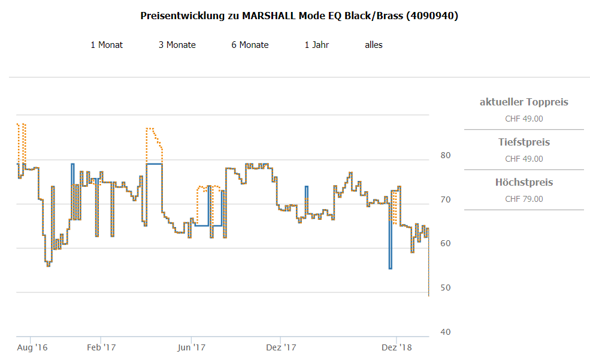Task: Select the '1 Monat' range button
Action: pyautogui.click(x=107, y=45)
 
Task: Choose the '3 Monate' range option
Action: pyautogui.click(x=177, y=45)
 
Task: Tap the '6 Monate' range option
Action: pyautogui.click(x=250, y=45)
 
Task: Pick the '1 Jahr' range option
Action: pyautogui.click(x=317, y=45)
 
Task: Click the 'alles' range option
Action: pyautogui.click(x=374, y=45)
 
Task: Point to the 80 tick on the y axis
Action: pyautogui.click(x=445, y=156)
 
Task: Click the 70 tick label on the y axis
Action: pyautogui.click(x=445, y=200)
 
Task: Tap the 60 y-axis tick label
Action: pyautogui.click(x=445, y=244)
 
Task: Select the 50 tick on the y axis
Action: pyautogui.click(x=445, y=289)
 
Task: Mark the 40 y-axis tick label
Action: pyautogui.click(x=445, y=332)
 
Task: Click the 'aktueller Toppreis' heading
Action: pyautogui.click(x=524, y=102)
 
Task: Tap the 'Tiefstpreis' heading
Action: pyautogui.click(x=524, y=143)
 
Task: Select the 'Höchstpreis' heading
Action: pyautogui.click(x=524, y=183)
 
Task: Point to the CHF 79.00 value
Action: pyautogui.click(x=524, y=199)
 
